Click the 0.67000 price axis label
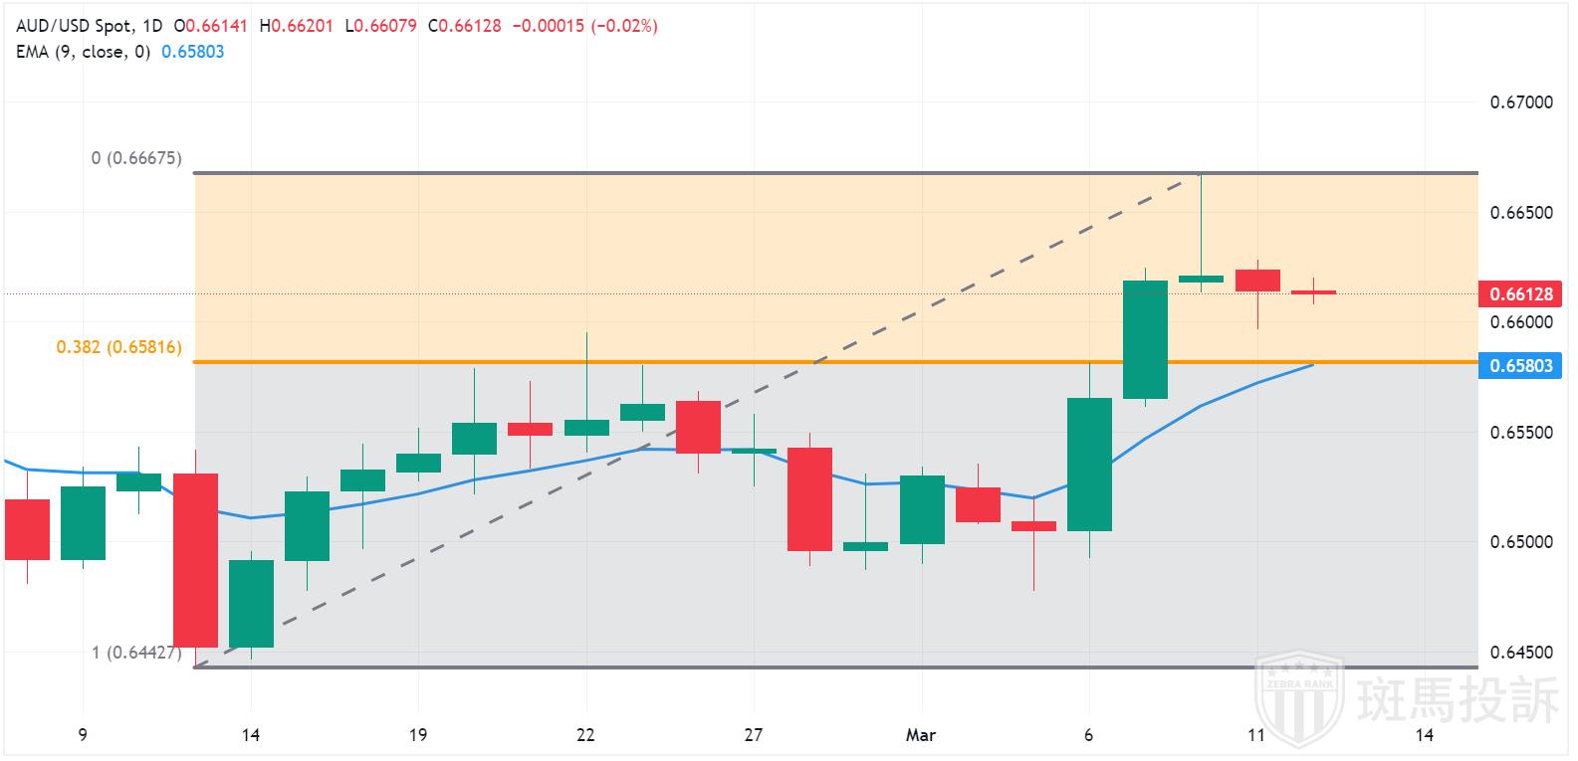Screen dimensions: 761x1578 1520,102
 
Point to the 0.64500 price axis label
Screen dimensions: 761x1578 1520,653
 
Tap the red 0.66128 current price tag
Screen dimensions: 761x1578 1519,293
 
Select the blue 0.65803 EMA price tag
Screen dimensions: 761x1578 1519,366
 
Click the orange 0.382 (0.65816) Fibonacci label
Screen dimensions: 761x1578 118,348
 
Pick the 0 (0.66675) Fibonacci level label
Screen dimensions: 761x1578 136,158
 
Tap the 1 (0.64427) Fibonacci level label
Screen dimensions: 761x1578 136,653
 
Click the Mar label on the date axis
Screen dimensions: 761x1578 921,735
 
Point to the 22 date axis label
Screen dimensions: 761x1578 585,735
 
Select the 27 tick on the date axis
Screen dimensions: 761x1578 754,735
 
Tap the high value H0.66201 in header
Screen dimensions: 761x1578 296,26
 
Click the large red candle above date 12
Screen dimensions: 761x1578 196,560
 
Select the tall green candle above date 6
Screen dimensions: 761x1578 1089,465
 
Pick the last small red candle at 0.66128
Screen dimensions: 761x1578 1313,292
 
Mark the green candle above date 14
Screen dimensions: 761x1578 251,604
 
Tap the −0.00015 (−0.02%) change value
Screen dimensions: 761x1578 584,26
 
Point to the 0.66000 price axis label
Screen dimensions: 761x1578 1520,322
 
